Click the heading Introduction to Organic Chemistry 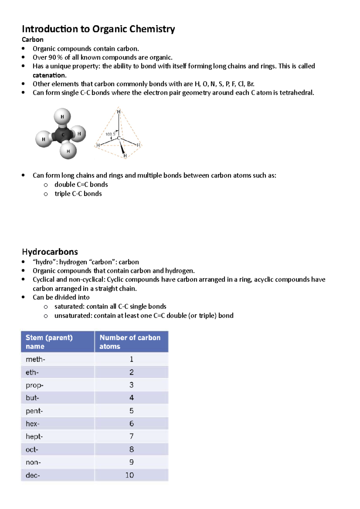[98, 29]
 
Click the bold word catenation [49, 75]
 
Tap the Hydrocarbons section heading [50, 252]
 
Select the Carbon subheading [32, 40]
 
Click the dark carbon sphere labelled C [63, 135]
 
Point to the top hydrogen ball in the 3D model [62, 116]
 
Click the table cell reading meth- [35, 359]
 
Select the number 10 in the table [130, 475]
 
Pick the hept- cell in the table [34, 436]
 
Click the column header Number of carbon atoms [130, 342]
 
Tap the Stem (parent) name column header [49, 342]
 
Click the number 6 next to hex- [131, 424]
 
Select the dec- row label [33, 475]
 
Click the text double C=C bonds [81, 185]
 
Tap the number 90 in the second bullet [52, 57]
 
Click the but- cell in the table [32, 398]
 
